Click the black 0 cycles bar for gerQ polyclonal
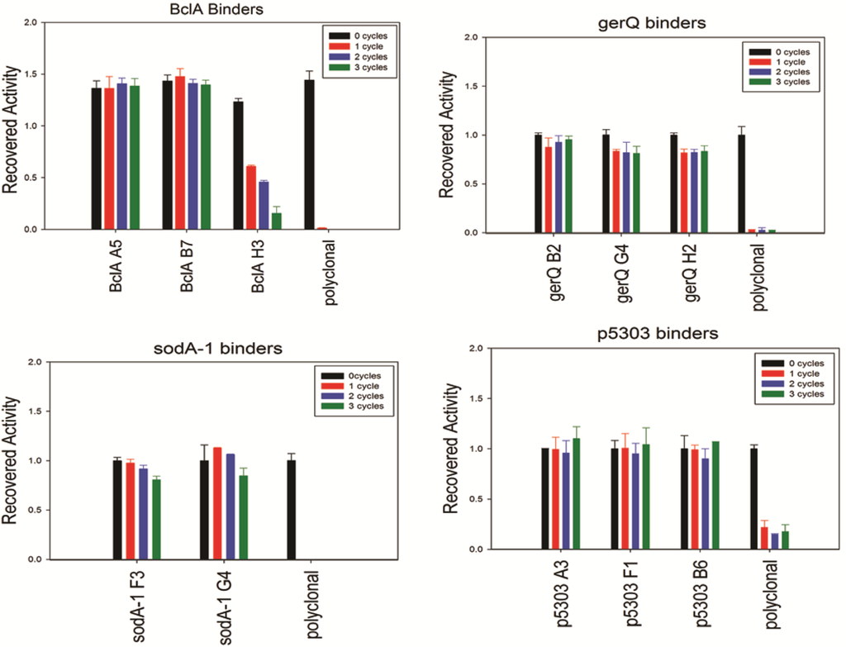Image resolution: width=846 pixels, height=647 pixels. pyautogui.click(x=741, y=184)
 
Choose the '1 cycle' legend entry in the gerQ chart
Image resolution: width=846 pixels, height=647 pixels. pyautogui.click(x=775, y=62)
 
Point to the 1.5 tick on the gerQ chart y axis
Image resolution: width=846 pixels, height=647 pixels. pyautogui.click(x=471, y=86)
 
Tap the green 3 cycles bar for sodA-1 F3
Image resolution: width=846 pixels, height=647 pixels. pyautogui.click(x=156, y=520)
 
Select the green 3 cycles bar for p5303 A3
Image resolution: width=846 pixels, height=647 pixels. pyautogui.click(x=576, y=493)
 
